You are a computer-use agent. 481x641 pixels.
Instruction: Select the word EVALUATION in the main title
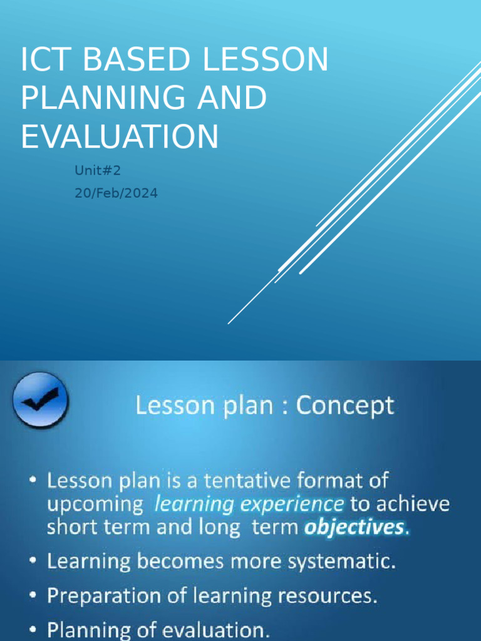point(120,136)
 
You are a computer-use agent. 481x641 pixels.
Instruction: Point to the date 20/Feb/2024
point(116,193)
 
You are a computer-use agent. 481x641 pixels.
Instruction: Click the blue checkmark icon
point(41,400)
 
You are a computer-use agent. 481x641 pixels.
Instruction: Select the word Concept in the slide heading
point(345,406)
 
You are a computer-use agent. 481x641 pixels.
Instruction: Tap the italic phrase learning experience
point(249,504)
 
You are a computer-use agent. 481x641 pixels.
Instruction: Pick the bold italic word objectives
point(354,527)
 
